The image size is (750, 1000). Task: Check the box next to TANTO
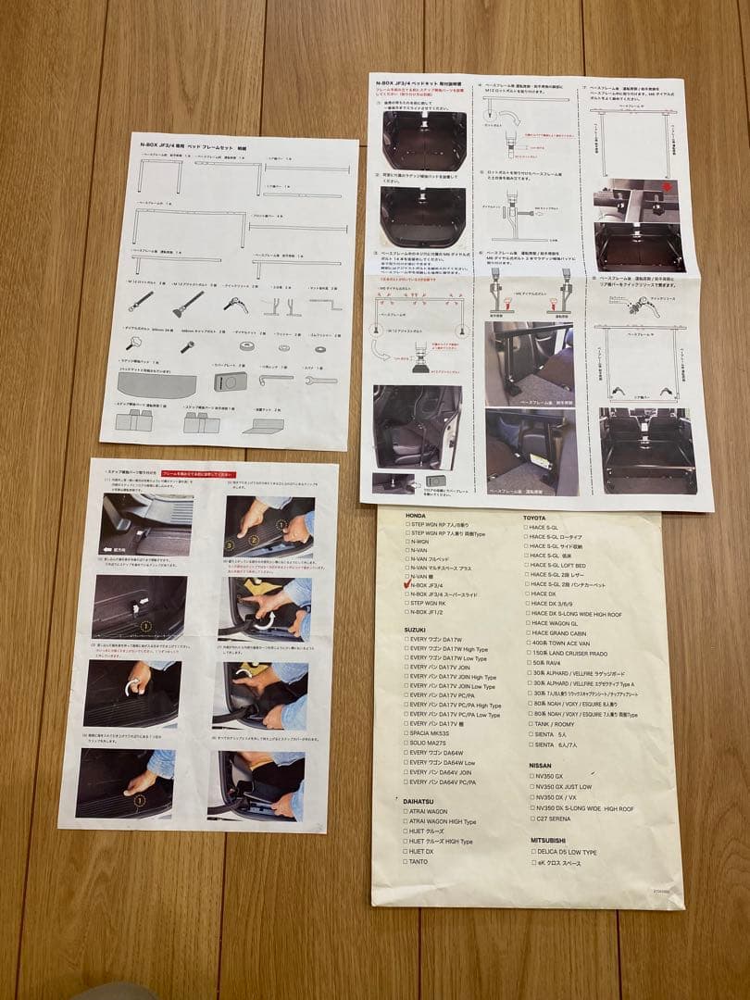(x=406, y=861)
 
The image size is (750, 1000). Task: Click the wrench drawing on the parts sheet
(x=319, y=379)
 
